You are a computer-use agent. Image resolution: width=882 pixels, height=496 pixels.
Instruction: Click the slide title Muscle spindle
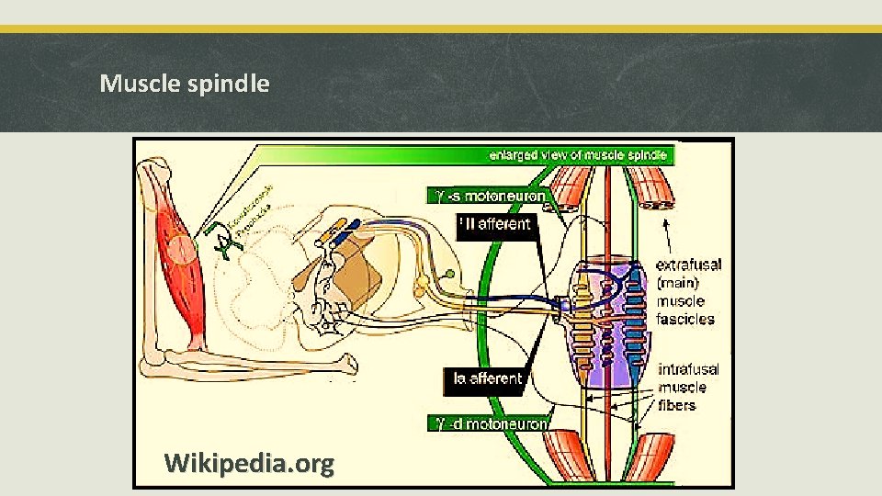click(x=185, y=84)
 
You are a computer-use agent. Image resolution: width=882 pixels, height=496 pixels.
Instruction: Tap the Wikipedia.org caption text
click(x=249, y=463)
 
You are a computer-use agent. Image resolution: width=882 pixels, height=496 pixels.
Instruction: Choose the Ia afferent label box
click(x=488, y=378)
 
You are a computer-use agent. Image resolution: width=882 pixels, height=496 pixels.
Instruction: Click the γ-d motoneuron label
click(x=492, y=423)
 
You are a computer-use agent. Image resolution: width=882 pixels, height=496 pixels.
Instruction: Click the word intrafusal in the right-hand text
click(x=689, y=369)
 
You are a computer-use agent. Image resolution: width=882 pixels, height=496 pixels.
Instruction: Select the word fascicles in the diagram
click(x=685, y=319)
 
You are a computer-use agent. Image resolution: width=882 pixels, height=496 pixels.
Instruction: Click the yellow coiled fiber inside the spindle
click(x=582, y=321)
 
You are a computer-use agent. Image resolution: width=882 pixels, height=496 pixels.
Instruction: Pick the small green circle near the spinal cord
click(x=450, y=273)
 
